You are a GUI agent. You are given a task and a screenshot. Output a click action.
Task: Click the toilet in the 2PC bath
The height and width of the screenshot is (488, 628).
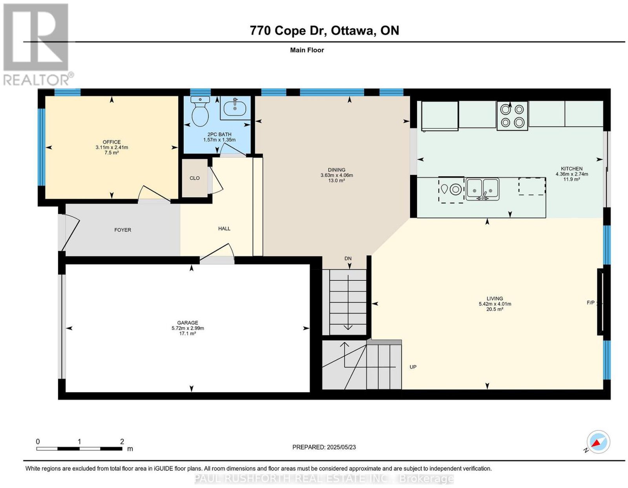point(200,111)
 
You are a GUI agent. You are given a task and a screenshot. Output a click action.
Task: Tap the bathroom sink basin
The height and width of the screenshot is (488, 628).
point(235,108)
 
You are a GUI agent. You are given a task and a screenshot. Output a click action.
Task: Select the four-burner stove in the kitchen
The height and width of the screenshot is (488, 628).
point(512,115)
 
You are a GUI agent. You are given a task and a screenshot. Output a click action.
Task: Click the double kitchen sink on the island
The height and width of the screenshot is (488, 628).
point(482,189)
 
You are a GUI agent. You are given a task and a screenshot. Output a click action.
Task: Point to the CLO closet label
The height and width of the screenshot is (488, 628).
point(195,178)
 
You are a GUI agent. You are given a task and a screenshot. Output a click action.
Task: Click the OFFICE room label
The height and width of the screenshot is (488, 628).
point(111,142)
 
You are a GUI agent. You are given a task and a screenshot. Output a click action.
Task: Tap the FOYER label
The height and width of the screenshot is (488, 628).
point(122,230)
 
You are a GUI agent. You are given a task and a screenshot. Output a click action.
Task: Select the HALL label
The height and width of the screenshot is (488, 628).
point(224,228)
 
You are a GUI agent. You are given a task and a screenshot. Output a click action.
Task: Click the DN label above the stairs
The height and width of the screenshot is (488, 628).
point(348,258)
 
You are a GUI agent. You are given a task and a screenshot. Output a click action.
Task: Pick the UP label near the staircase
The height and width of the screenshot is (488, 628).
point(413,367)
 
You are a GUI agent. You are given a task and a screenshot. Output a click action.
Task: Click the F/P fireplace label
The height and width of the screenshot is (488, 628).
point(591,303)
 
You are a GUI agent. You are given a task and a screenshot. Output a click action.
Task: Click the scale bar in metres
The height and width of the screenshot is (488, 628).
point(79,448)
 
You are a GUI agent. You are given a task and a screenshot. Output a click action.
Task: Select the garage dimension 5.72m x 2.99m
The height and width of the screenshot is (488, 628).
point(188,328)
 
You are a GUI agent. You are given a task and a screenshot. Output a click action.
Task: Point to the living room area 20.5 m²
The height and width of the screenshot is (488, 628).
point(495,309)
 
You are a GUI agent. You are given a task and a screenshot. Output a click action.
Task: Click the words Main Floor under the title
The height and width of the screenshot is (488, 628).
point(307,50)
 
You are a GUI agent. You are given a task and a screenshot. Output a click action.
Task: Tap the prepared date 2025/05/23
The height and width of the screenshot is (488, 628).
point(341,447)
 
